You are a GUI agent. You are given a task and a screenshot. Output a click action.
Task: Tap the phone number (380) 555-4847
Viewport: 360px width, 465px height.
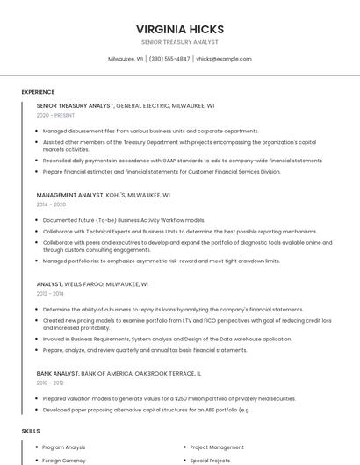point(169,59)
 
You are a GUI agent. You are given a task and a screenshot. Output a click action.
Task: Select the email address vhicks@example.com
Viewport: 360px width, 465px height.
point(223,59)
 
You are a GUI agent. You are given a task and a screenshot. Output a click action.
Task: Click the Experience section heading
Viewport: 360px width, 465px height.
point(38,92)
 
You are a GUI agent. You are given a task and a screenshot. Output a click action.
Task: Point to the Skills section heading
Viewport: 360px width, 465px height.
point(31,431)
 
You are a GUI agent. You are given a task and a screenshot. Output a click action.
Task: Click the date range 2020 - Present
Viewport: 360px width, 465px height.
point(55,115)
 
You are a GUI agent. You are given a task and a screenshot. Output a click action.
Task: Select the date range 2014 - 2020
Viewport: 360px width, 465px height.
point(49,204)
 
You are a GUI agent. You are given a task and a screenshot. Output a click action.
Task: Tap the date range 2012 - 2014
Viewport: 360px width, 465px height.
point(49,294)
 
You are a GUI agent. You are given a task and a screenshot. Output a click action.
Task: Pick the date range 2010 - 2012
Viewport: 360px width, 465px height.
point(49,383)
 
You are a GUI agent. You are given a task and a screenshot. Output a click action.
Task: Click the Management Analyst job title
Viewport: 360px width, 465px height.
point(69,195)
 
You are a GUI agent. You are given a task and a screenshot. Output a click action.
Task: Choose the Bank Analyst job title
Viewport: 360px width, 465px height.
point(57,373)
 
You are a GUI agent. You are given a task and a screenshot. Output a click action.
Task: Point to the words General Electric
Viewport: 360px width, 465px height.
point(142,105)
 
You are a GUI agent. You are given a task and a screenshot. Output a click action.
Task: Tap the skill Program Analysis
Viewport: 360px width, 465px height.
point(63,447)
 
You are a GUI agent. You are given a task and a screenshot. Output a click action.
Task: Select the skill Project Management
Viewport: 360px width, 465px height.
point(217,447)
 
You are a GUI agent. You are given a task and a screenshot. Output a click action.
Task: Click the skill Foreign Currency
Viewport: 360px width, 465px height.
point(64,460)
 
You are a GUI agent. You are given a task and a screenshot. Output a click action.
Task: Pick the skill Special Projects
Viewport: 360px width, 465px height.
point(210,460)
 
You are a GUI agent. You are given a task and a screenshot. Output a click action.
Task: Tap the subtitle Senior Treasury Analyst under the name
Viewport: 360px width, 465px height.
point(179,42)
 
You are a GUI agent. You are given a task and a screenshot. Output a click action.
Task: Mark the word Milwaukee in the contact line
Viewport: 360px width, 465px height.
point(122,59)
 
